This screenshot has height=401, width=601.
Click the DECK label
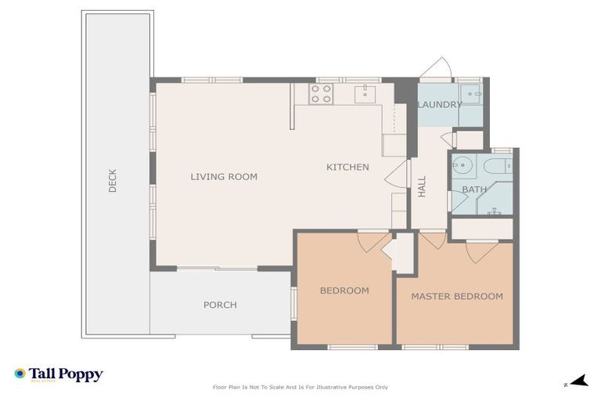click(113, 181)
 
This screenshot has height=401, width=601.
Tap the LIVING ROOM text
click(224, 177)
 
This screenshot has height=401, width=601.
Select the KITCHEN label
click(347, 168)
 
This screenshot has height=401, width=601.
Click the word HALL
click(422, 186)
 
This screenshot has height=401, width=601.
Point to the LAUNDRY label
click(439, 104)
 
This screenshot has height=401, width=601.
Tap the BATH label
click(474, 190)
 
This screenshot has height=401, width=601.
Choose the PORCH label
click(220, 305)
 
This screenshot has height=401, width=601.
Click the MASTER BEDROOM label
click(457, 296)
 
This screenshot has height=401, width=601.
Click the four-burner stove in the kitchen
click(321, 95)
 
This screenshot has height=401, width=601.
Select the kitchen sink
click(365, 95)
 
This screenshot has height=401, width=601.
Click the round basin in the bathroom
click(464, 166)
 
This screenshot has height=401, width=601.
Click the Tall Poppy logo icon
click(20, 374)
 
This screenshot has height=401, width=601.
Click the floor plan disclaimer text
click(300, 387)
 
